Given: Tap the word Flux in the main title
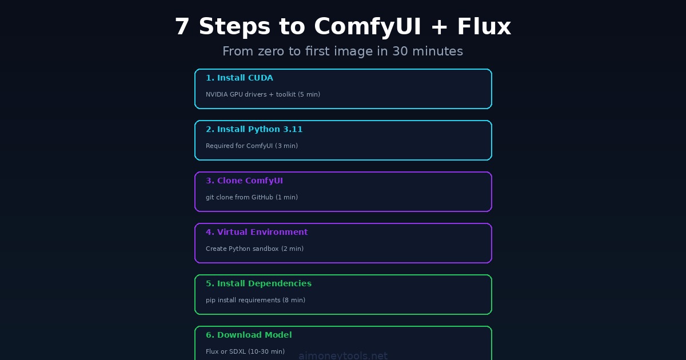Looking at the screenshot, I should click(x=484, y=27).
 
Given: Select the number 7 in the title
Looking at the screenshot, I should click(x=181, y=27).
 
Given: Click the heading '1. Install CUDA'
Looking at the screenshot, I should click(x=239, y=78).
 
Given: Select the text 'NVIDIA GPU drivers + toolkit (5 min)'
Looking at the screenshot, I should click(x=263, y=94).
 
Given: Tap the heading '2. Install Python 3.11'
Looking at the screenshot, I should click(x=254, y=129).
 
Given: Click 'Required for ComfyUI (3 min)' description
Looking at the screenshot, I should click(x=252, y=146).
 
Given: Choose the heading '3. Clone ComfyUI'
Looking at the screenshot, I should click(x=244, y=181).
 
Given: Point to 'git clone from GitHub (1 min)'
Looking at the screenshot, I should click(x=252, y=197).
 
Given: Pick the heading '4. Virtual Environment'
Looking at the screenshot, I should click(x=257, y=232).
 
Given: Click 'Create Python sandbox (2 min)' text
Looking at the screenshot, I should click(x=254, y=249).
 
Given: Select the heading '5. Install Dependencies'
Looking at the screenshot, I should click(x=258, y=283).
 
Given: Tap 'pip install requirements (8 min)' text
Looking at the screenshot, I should click(x=256, y=300).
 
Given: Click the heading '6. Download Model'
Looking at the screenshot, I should click(x=249, y=335).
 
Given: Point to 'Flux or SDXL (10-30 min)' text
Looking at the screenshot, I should click(x=245, y=351).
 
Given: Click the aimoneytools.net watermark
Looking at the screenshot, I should click(x=343, y=355).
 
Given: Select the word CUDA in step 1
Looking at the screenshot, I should click(x=260, y=78).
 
